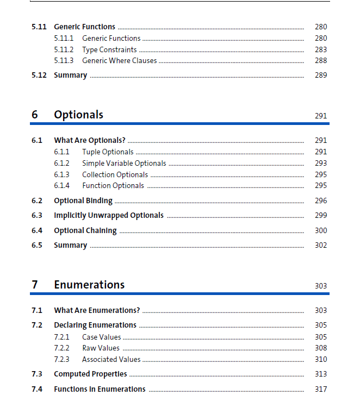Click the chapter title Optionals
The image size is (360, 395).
click(x=78, y=115)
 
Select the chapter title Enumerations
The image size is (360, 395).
click(x=89, y=285)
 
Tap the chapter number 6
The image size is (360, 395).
click(x=35, y=115)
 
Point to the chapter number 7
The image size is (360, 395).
click(x=35, y=285)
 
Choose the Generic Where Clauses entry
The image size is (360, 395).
click(x=119, y=60)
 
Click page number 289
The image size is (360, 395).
click(x=321, y=75)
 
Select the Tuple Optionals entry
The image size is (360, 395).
click(x=108, y=152)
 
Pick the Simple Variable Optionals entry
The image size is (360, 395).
click(x=124, y=163)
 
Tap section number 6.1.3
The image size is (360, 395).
click(x=61, y=174)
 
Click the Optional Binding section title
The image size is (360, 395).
click(x=83, y=200)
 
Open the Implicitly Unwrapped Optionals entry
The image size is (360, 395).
click(x=109, y=215)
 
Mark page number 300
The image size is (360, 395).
click(x=321, y=230)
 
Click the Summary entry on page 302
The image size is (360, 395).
click(x=70, y=245)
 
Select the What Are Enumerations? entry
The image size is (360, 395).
click(x=97, y=310)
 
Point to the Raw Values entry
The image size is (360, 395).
click(x=101, y=348)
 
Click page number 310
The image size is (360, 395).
click(x=321, y=359)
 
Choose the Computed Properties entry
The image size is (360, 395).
click(x=90, y=374)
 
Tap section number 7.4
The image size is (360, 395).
click(x=37, y=389)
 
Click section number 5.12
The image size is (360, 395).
click(x=39, y=75)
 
